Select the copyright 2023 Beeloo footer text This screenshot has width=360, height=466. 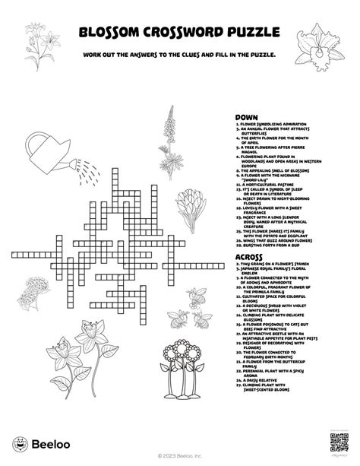pos(180,457)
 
